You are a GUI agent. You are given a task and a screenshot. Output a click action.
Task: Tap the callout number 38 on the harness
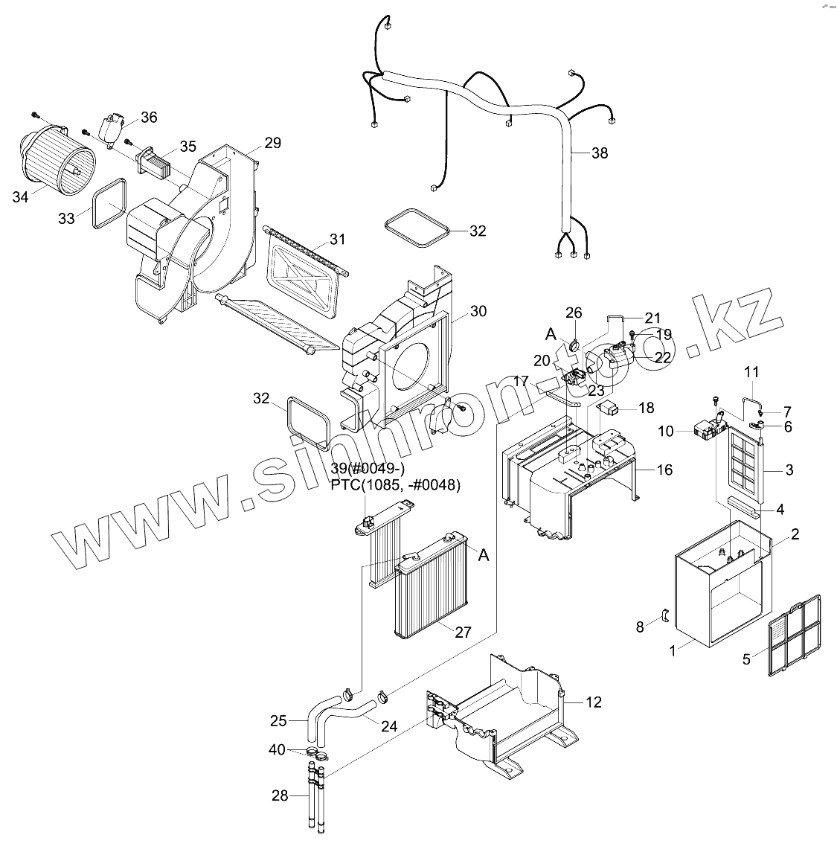click(599, 153)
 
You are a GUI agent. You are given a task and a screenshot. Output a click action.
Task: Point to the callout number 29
click(272, 143)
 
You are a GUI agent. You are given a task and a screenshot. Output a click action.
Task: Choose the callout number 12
click(593, 702)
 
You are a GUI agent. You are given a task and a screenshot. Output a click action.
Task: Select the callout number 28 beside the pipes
click(279, 795)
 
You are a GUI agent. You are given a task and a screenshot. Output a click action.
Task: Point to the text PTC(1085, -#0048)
click(397, 485)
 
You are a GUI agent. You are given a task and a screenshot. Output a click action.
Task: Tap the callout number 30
click(478, 311)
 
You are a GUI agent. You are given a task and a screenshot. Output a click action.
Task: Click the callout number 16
click(664, 470)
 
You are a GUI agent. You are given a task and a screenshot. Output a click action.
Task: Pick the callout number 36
click(149, 117)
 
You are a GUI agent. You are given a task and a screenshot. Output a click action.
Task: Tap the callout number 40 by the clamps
click(277, 749)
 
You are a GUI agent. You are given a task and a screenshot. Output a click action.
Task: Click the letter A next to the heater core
click(484, 554)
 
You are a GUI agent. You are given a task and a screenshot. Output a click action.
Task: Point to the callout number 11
click(751, 371)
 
